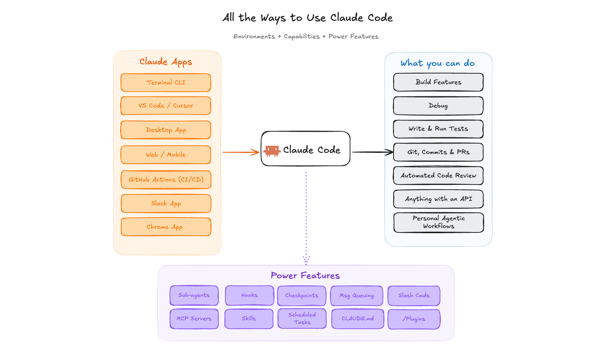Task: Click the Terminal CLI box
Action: coord(166,83)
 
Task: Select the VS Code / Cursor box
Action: coord(166,106)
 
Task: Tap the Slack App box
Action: coord(166,203)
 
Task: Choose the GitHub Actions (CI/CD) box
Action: coord(166,180)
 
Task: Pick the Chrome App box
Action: coord(166,227)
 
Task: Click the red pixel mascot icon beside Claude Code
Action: coord(272,151)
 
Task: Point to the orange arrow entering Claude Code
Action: coord(241,152)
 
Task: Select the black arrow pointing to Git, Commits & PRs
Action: coord(373,152)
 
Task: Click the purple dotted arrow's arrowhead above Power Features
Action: coord(306,260)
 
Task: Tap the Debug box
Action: coord(438,106)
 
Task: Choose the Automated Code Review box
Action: coord(438,176)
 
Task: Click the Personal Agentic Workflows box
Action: coord(439,222)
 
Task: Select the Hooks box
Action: coord(249,295)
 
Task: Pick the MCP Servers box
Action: coord(194,319)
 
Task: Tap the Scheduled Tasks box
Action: coord(302,318)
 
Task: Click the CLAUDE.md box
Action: coord(358,319)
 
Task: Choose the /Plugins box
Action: coord(414,319)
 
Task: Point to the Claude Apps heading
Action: coord(166,62)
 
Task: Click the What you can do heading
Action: coord(437,63)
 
